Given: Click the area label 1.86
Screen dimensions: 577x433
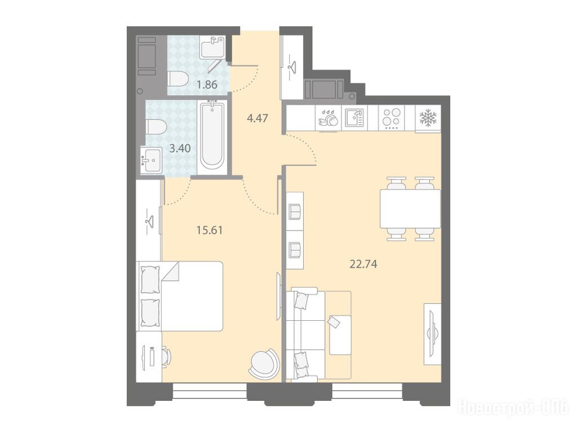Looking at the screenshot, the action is pos(207,85).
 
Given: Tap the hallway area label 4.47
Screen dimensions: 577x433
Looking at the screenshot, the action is pos(258,118).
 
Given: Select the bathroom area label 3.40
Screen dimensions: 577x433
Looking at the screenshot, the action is pos(180,148).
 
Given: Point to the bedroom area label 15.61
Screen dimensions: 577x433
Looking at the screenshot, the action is pos(210,231).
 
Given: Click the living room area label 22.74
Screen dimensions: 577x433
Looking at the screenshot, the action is pos(363,264).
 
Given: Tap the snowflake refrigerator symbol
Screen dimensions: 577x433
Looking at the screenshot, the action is pos(428,118).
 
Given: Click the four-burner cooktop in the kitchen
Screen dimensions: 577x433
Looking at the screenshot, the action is pos(391,118).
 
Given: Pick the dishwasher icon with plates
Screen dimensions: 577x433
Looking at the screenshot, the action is pos(329,118).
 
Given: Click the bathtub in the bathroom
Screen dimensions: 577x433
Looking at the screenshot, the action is pos(212,139).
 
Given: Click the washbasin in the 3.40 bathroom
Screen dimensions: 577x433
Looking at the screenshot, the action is pos(151,160).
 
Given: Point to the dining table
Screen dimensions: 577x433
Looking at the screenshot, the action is pos(410,209).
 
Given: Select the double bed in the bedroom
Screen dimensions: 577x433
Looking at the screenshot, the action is pos(181,296).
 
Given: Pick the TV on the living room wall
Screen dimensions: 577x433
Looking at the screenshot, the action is pos(433,334).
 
